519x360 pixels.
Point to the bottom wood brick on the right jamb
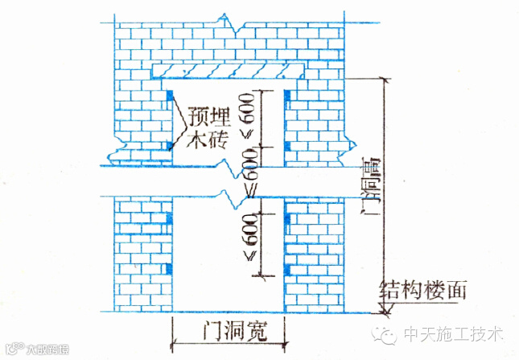286,268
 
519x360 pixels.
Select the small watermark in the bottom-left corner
36,350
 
